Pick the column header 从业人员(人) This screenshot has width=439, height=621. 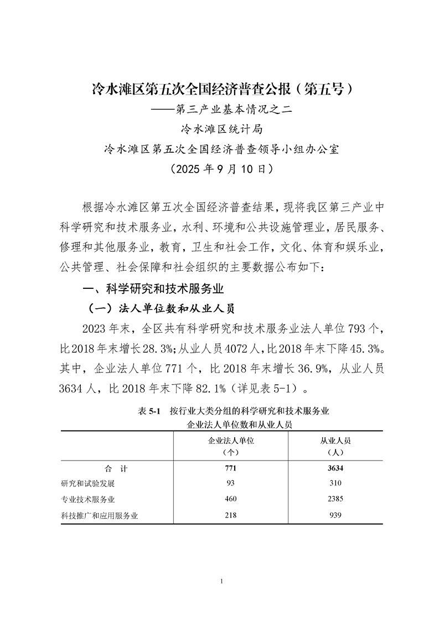[x=336, y=446]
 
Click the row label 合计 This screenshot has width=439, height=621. [x=116, y=469]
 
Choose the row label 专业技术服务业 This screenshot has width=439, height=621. [x=88, y=500]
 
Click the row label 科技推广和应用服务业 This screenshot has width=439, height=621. [x=99, y=516]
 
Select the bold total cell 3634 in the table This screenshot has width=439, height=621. [x=335, y=469]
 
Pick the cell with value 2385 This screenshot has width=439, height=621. [x=335, y=500]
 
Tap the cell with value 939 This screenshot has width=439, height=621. [x=335, y=516]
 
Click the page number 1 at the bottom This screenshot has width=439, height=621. [x=221, y=581]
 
